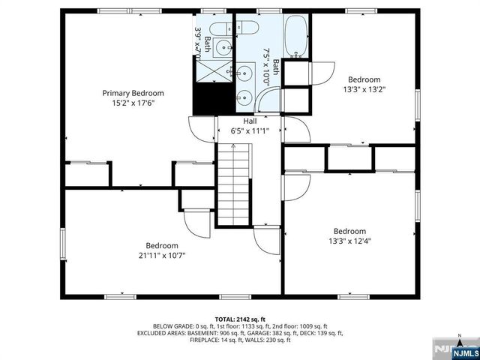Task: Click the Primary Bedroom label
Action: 133,93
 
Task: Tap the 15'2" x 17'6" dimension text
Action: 133,103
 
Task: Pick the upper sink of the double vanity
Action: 245,74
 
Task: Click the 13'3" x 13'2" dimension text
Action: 364,89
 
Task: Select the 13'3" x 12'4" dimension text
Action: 349,241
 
